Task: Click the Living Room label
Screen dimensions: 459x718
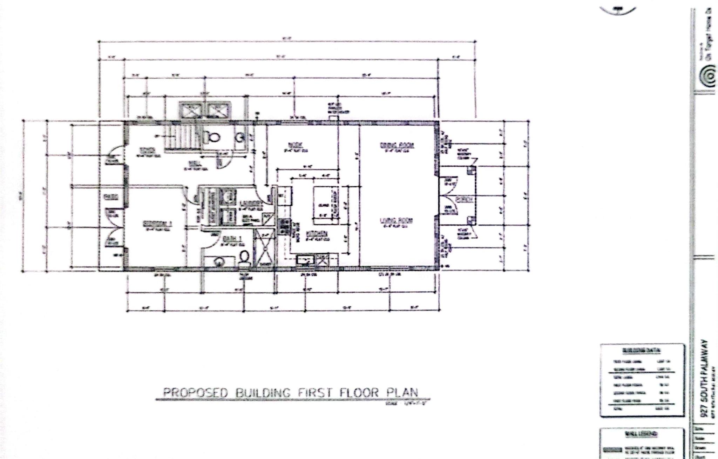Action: coord(397,221)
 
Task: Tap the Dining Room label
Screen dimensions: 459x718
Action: coord(397,145)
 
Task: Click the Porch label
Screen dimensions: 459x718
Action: coord(464,199)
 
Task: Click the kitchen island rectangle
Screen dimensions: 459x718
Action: coord(326,205)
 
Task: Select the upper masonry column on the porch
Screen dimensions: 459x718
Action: coord(470,171)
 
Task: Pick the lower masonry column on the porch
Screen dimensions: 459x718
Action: coord(470,220)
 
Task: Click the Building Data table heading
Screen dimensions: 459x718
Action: coord(642,350)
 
